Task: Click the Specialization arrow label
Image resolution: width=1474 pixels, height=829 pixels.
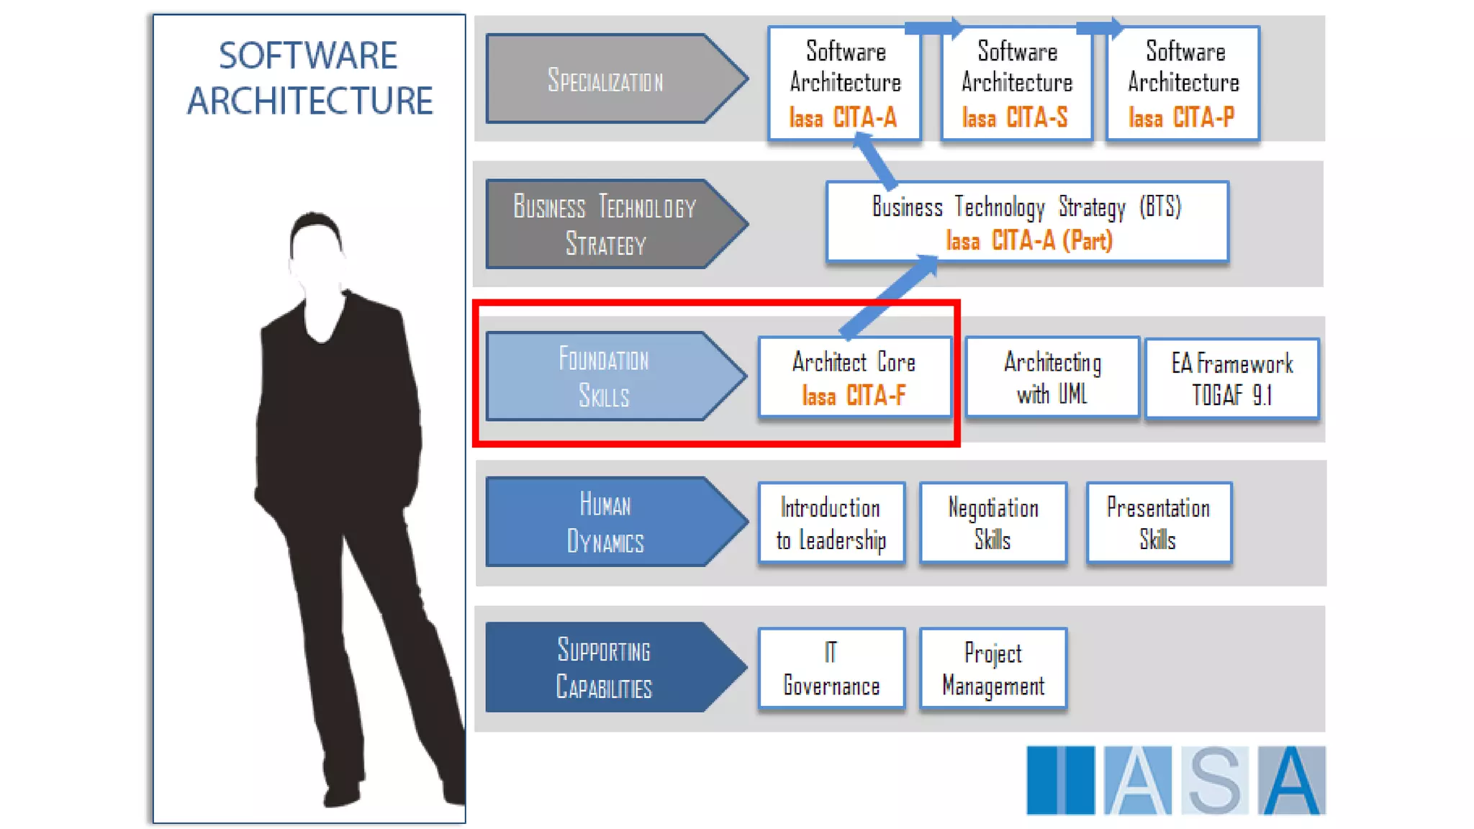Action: pos(605,80)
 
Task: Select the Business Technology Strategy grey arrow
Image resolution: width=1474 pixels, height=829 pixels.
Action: pos(605,225)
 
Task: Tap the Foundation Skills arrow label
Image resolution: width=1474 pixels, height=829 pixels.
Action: pos(605,376)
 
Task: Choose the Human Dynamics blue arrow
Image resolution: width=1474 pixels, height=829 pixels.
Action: pos(605,522)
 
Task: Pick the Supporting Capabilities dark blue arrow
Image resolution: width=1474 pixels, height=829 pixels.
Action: pos(605,668)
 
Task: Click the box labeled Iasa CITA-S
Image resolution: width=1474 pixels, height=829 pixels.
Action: pos(1016,84)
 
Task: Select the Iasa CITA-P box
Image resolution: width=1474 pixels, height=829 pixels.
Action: pos(1183,84)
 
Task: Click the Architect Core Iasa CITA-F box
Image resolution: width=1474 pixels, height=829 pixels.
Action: pos(854,378)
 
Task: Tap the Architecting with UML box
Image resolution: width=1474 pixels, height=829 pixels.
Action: pos(1052,378)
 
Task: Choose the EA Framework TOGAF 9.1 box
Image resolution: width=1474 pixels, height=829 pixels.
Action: pos(1231,379)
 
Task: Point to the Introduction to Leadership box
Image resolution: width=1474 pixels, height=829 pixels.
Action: pos(831,523)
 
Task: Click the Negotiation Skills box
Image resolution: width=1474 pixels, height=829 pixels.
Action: pos(993,523)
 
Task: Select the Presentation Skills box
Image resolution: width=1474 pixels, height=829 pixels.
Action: pos(1158,523)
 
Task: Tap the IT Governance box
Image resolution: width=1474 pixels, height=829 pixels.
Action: pos(831,669)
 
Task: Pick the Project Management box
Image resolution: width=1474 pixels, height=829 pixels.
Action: pos(993,669)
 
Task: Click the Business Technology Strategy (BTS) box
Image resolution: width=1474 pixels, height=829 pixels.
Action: pos(1026,222)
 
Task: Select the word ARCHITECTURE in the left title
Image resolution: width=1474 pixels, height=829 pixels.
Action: pos(309,101)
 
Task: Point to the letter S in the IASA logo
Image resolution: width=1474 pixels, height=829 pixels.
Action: pos(1215,781)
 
